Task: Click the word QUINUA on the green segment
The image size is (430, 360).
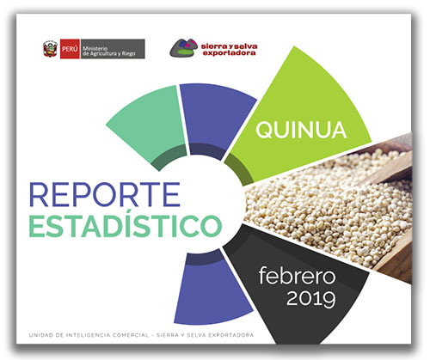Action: tap(301, 131)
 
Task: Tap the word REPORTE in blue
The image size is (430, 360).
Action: tap(105, 194)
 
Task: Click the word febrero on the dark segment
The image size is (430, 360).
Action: tap(297, 276)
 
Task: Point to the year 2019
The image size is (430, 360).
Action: tap(311, 298)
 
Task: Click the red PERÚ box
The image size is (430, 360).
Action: tap(70, 49)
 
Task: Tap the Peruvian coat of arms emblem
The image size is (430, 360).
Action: tap(50, 49)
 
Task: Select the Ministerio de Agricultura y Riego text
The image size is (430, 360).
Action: tap(108, 51)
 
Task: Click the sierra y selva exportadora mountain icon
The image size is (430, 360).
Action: tap(184, 48)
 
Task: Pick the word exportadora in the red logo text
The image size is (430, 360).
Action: tap(229, 52)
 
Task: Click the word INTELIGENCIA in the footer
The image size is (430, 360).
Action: tap(88, 335)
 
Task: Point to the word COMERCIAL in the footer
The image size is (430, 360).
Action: tap(131, 335)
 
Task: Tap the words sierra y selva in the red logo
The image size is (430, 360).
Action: tap(229, 46)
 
